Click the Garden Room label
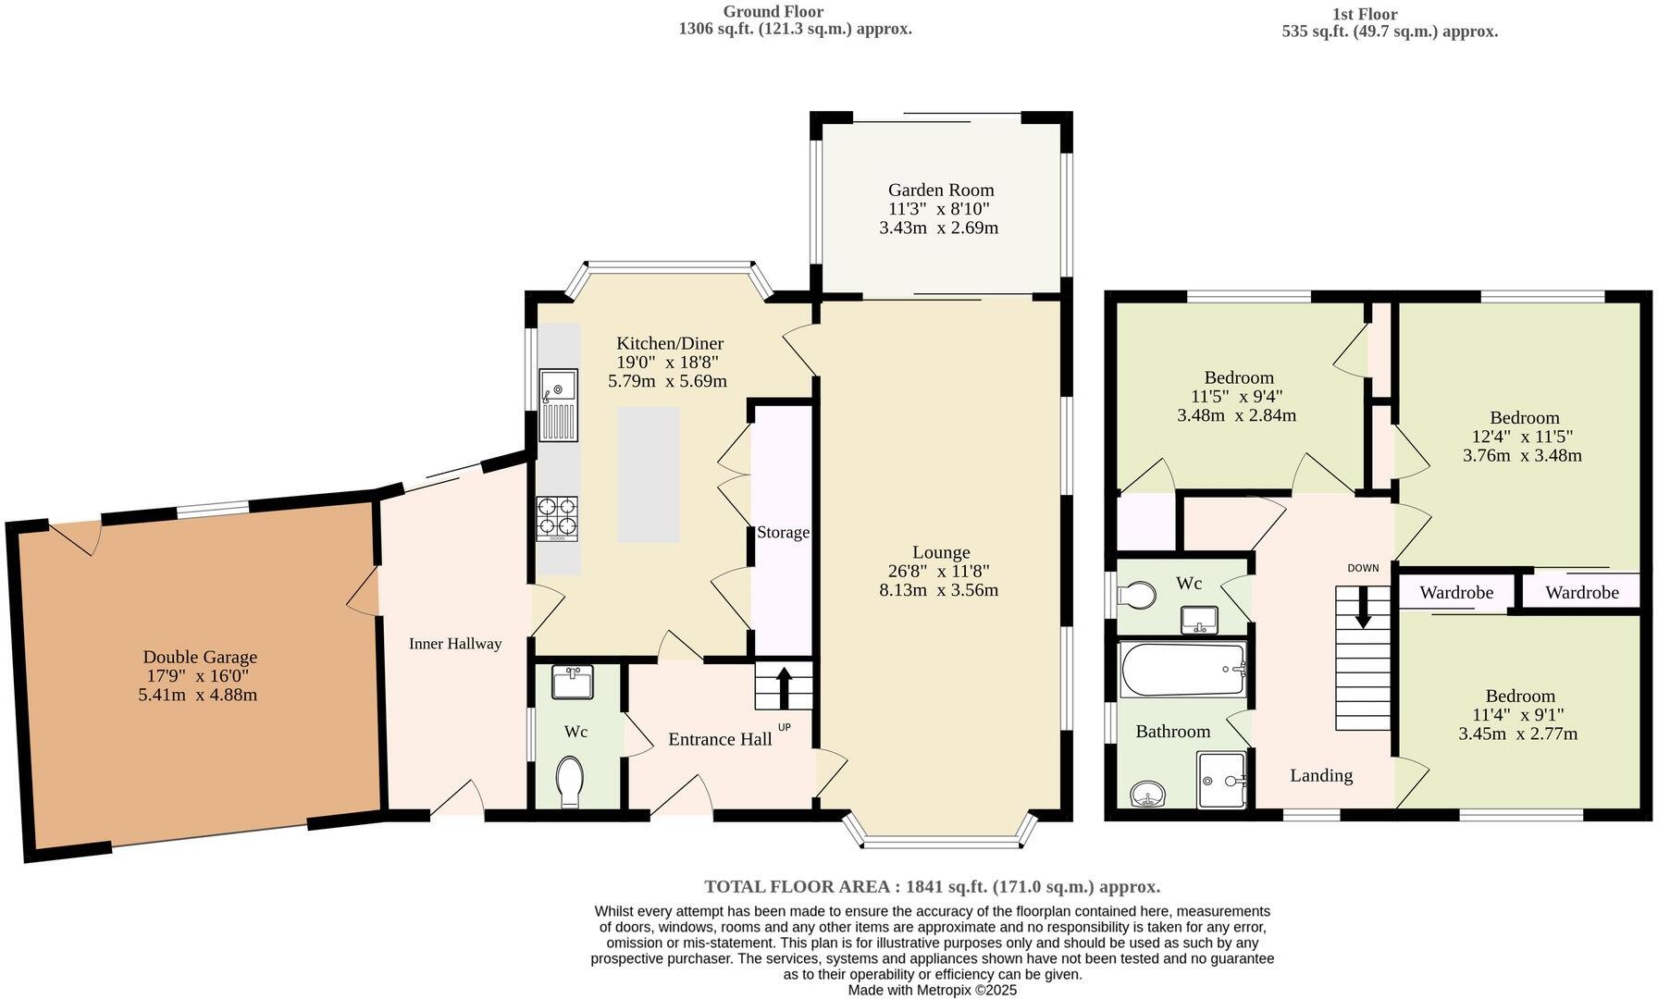click(x=940, y=190)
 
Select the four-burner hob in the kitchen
click(x=556, y=518)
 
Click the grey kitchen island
click(x=649, y=475)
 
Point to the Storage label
click(x=783, y=533)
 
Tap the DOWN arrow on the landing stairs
click(x=1363, y=608)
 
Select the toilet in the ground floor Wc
click(x=572, y=782)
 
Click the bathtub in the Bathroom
click(x=1182, y=669)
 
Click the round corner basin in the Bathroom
click(x=1148, y=794)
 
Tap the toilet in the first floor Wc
click(x=1138, y=595)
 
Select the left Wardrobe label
click(x=1455, y=592)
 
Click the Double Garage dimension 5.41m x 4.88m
click(x=198, y=695)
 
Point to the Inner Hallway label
click(x=455, y=644)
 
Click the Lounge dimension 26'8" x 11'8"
click(x=939, y=571)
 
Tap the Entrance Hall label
click(x=720, y=739)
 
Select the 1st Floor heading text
click(x=1365, y=14)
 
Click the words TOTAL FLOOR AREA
click(x=799, y=886)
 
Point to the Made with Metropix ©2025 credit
click(x=933, y=990)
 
